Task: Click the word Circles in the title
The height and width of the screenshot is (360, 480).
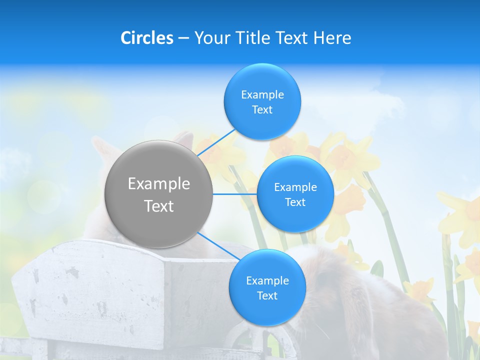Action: tap(146, 38)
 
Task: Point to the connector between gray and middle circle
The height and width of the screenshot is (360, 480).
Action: tap(235, 194)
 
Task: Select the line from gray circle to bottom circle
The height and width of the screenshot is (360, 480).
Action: tap(218, 246)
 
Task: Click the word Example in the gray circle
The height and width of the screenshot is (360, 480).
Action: tap(159, 184)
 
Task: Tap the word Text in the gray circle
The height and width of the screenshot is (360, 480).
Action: tap(159, 206)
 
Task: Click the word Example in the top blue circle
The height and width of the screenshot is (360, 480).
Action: tap(262, 94)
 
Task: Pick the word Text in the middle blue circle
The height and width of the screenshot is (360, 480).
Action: tap(295, 202)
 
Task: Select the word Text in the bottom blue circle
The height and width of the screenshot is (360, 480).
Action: tap(267, 295)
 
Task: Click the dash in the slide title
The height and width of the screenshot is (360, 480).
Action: tap(183, 38)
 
